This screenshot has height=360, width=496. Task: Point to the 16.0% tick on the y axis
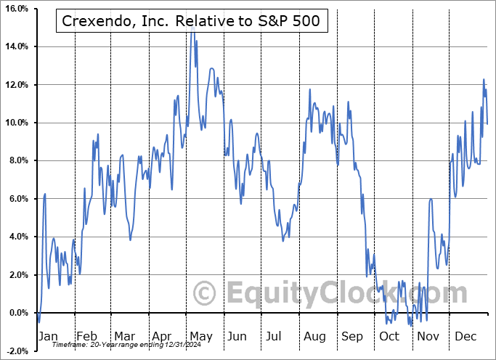16,9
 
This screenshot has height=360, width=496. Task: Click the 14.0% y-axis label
16,46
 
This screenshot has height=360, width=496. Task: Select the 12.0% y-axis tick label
16,85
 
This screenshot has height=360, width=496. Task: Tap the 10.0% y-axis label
16,123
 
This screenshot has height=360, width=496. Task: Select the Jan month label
47,337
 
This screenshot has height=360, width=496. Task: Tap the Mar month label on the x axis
123,337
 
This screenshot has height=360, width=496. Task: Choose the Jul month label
275,337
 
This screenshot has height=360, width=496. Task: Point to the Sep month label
351,337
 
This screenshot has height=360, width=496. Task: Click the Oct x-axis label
389,337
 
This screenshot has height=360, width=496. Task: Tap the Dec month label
465,337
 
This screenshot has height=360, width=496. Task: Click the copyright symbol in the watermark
205,293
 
